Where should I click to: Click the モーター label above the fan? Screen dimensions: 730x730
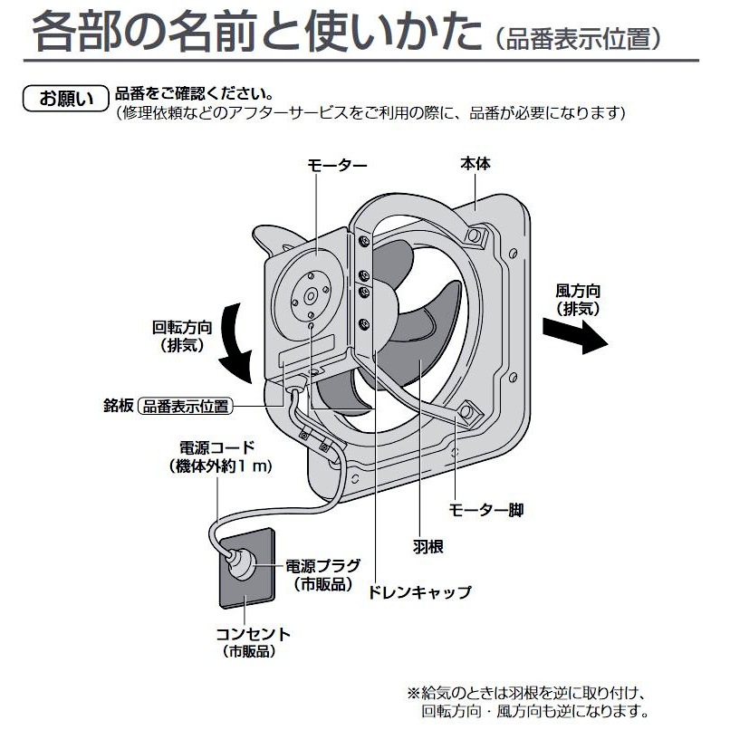click(x=337, y=166)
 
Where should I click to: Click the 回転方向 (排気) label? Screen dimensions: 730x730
click(x=183, y=335)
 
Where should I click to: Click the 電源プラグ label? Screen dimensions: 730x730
click(x=323, y=573)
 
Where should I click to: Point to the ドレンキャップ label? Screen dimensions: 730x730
click(x=419, y=592)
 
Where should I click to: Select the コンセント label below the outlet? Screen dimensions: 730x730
click(x=253, y=641)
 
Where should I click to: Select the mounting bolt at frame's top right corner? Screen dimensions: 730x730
click(x=474, y=235)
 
